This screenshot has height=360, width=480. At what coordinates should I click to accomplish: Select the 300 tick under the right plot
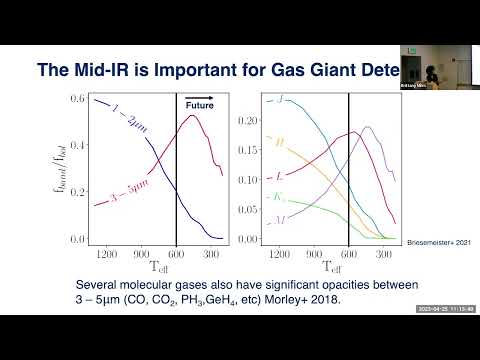pyautogui.click(x=384, y=255)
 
